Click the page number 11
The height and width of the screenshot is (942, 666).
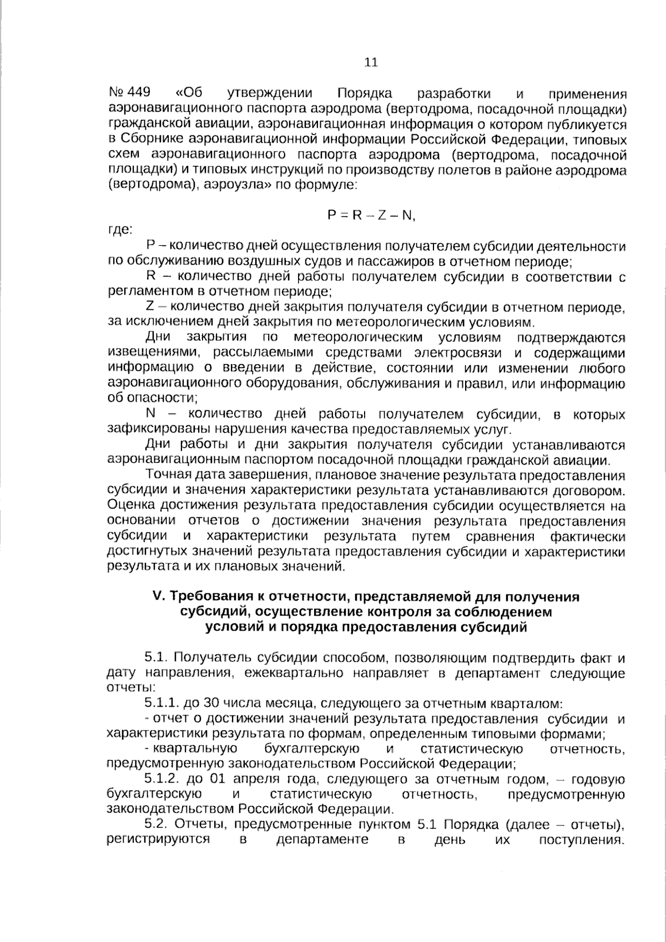click(371, 62)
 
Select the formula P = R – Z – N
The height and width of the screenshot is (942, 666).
click(371, 215)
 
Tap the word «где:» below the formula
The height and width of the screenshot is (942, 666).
click(119, 229)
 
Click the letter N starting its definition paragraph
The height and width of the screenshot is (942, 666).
click(150, 414)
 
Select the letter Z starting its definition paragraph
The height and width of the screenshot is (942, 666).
click(149, 306)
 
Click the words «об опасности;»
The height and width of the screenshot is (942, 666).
click(153, 398)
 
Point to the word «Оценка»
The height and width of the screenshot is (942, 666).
click(131, 506)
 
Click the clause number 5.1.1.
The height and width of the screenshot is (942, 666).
click(161, 704)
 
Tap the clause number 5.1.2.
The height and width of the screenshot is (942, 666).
click(161, 780)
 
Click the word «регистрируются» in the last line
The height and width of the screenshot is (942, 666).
click(158, 854)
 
